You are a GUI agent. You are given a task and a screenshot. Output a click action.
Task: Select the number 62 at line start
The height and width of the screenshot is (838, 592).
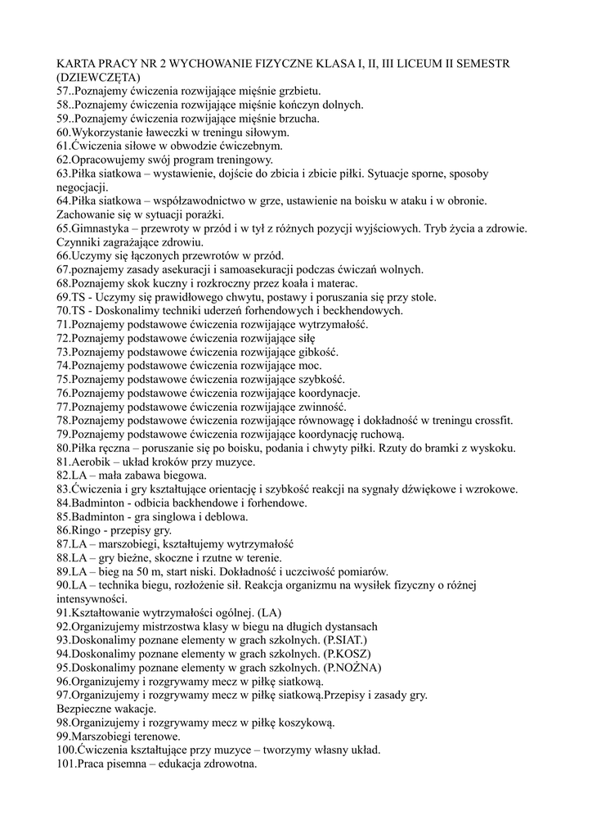(x=62, y=160)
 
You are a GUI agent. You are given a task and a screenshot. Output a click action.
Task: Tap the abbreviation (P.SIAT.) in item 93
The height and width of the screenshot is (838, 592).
(x=346, y=640)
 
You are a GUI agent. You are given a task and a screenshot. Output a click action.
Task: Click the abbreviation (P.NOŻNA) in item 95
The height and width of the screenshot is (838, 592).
(x=352, y=668)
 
